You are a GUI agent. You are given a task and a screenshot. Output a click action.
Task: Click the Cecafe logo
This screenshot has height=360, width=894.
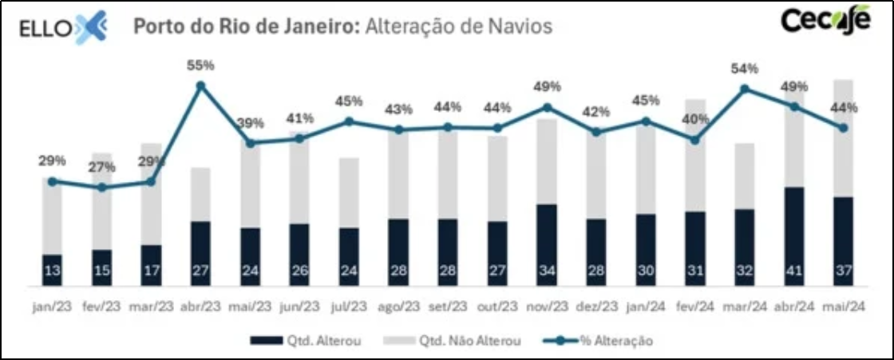(x=825, y=22)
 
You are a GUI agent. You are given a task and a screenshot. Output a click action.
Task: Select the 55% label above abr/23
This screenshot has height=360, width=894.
(x=201, y=65)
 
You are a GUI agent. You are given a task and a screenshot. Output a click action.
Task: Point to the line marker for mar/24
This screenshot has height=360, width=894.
(x=745, y=89)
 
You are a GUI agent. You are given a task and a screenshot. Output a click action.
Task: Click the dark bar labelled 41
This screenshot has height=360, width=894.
(x=794, y=236)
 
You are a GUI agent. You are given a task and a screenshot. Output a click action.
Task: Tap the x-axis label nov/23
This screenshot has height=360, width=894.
(x=547, y=307)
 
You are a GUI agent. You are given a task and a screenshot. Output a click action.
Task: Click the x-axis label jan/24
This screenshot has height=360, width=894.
(x=646, y=307)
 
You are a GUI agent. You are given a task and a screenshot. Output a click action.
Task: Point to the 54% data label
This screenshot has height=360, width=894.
(x=745, y=69)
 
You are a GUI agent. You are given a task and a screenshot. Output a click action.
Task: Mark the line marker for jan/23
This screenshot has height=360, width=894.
(x=52, y=181)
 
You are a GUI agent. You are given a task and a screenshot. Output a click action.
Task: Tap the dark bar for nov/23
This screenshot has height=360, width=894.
(x=547, y=244)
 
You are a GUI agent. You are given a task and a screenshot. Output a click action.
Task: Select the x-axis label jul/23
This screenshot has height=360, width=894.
(x=349, y=307)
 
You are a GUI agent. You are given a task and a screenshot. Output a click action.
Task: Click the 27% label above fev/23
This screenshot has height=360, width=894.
(x=101, y=168)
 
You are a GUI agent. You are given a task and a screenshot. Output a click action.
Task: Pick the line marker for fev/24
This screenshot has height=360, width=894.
(x=695, y=140)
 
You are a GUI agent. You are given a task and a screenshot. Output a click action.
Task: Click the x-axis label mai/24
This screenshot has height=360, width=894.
(x=844, y=307)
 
